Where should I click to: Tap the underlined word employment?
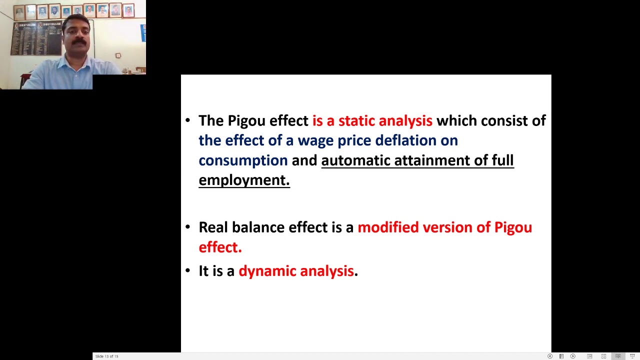243,180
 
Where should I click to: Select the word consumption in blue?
243,161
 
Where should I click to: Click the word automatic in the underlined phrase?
355,160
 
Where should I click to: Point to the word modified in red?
388,227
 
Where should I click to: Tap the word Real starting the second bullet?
213,227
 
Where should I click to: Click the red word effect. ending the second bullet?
220,247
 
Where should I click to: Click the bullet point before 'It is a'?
188,270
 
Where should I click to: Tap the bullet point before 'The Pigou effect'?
188,120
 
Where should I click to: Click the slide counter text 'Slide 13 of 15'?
106,356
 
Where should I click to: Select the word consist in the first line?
504,121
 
